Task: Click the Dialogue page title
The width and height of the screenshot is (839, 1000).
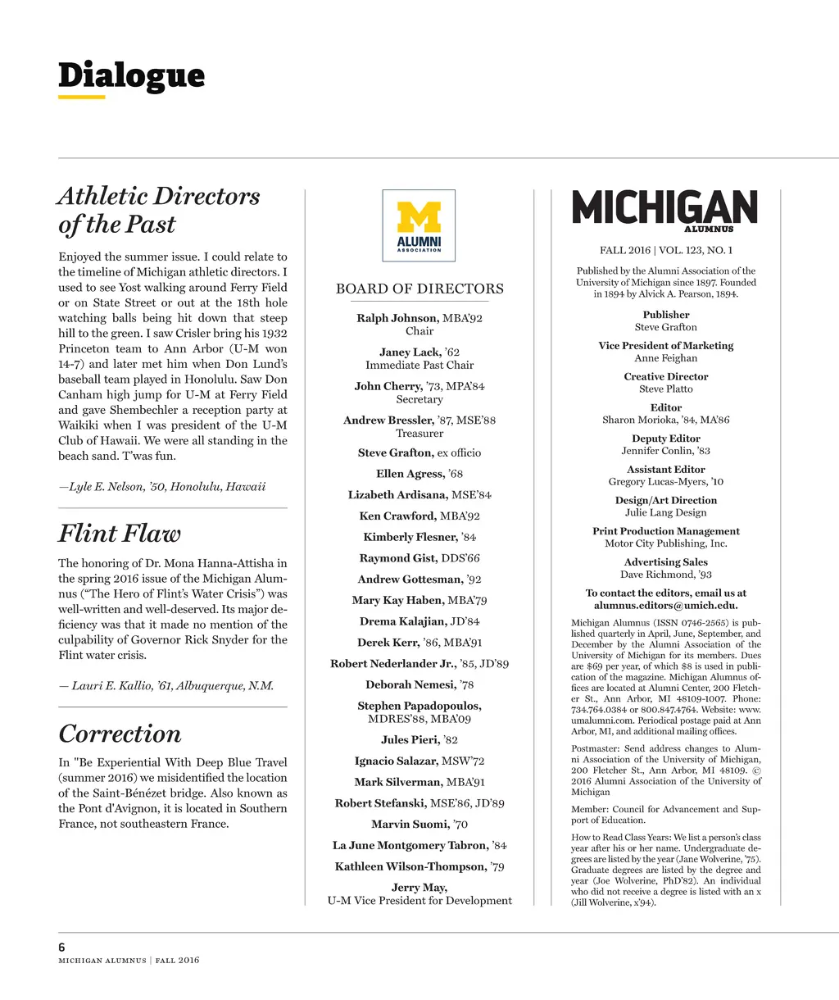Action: point(131,75)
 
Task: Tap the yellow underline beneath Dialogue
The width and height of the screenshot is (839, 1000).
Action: point(82,98)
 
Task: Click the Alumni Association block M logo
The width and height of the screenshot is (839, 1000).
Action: point(419,225)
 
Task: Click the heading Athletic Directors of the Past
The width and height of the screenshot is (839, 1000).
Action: point(158,210)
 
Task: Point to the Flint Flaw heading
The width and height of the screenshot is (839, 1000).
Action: point(120,534)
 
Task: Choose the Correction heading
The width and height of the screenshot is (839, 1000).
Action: point(120,734)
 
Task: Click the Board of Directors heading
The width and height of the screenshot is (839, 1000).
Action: point(419,289)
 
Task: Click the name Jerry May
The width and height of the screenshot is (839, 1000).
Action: point(419,887)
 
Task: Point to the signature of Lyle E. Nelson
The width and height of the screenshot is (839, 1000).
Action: point(162,487)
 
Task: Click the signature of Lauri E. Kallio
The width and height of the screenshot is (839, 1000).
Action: point(166,686)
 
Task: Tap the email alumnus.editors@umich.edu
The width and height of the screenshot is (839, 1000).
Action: point(665,606)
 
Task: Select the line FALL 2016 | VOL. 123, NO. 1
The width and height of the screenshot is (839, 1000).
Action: point(665,250)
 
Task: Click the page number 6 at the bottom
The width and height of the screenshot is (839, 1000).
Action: point(62,948)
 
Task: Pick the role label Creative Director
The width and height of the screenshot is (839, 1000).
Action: point(665,377)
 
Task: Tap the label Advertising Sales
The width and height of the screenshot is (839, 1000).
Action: point(665,562)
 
